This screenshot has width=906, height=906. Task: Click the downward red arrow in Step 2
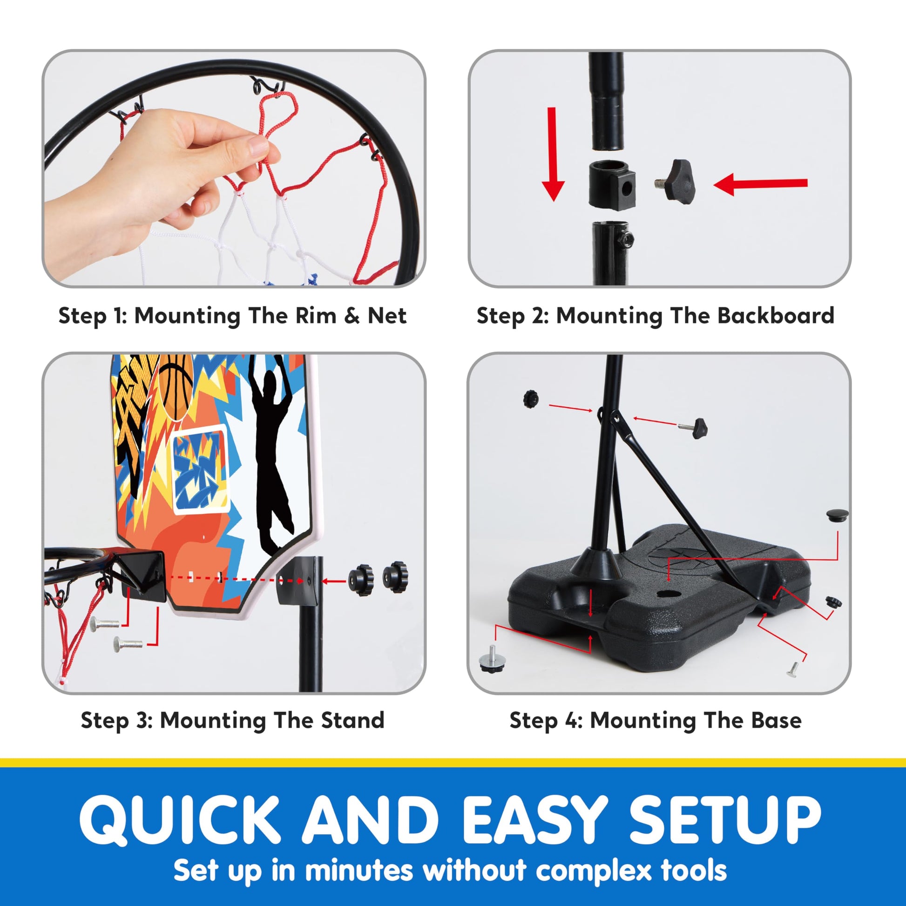553,154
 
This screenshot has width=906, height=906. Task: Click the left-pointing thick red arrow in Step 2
760,183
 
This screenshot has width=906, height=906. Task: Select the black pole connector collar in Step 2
612,184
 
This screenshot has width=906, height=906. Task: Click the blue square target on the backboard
200,469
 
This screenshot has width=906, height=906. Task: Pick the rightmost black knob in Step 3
395,577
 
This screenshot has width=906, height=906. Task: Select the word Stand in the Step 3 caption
352,720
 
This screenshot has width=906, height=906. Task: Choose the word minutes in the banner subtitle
359,870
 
